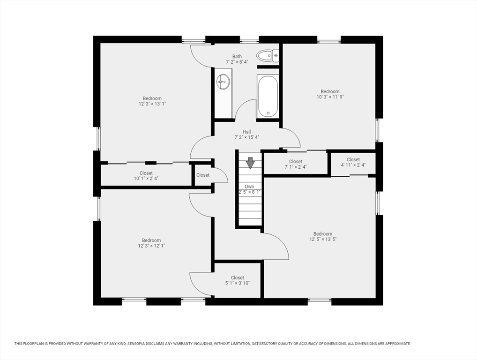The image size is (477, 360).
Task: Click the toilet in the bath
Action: coord(268,55)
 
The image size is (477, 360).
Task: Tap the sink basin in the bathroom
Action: coord(224,82)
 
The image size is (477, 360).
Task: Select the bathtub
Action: coord(268,96)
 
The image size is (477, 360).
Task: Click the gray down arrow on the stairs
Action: coord(250,163)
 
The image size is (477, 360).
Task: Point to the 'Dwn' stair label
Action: coord(249,187)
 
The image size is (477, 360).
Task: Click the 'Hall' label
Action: coord(247,132)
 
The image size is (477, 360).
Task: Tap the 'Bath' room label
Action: coord(237,56)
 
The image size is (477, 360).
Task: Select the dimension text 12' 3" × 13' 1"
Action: coord(152,104)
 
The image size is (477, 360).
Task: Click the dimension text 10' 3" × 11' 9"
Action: coord(330,97)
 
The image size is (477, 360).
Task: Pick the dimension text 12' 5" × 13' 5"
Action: coord(323,239)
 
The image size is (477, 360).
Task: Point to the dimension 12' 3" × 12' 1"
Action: coord(151,246)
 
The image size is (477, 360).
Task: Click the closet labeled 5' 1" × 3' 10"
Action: coord(237,280)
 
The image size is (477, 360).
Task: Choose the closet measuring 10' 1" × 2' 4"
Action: coord(146,176)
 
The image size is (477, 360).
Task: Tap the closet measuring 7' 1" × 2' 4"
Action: coord(296,164)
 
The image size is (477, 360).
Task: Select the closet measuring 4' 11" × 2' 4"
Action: coord(353,162)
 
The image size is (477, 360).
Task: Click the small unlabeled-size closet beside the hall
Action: coord(203,175)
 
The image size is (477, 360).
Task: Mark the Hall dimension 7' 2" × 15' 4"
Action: coord(247,137)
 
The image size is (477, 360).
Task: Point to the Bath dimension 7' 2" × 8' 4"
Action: coord(237,62)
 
